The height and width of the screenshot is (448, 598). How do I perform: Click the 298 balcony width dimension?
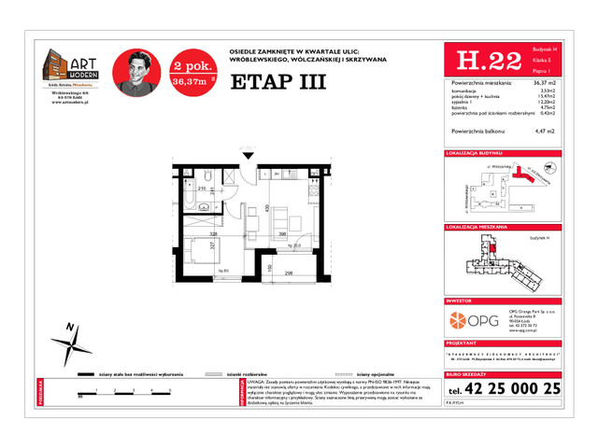[x=290, y=273]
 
